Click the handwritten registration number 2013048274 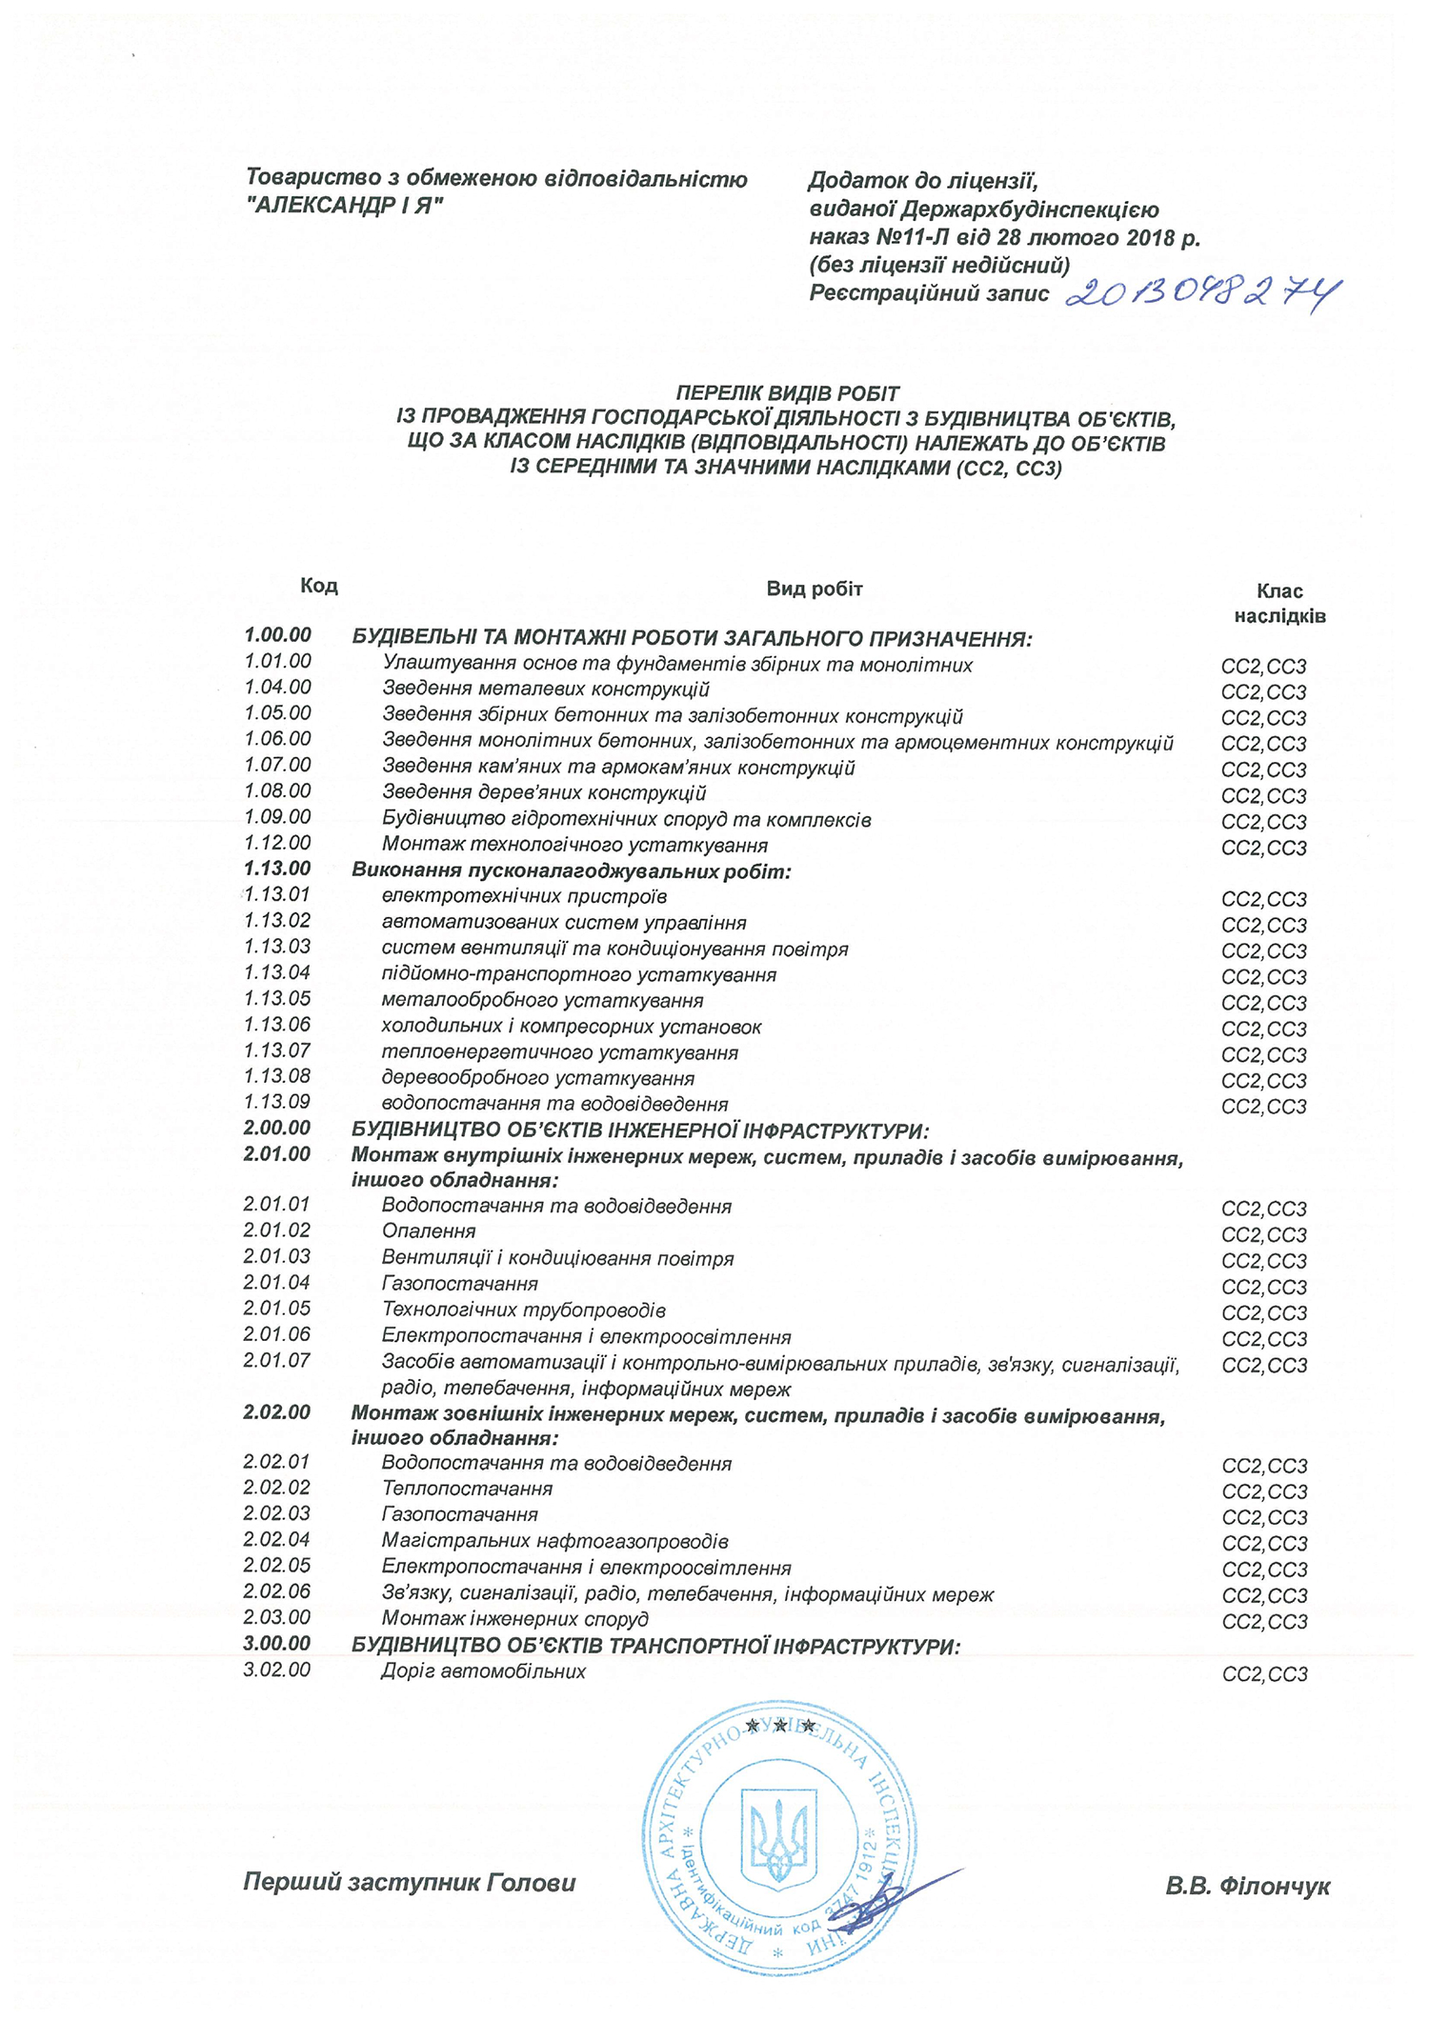[1203, 294]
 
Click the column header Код [319, 585]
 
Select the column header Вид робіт [815, 589]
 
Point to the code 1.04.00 [277, 687]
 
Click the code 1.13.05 [277, 998]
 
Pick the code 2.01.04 [277, 1282]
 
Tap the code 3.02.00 [277, 1670]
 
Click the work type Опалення [429, 1231]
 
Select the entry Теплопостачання [467, 1489]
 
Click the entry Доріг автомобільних [484, 1671]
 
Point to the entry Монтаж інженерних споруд [515, 1618]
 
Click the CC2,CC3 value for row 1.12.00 [1264, 848]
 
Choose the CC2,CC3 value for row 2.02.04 [1264, 1543]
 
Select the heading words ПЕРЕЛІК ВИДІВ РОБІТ [787, 392]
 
